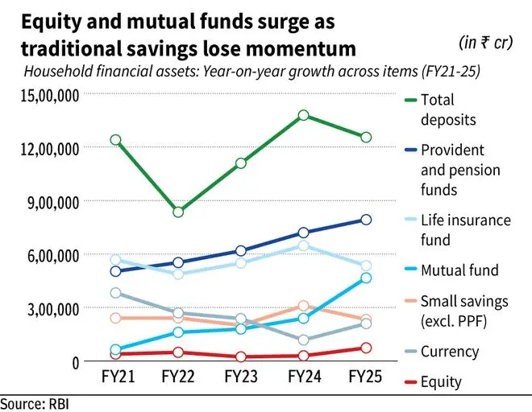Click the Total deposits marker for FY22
coord(177,212)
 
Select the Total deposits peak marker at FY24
coord(303,115)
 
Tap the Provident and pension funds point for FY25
coord(366,219)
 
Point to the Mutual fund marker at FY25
coord(366,278)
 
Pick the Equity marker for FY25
coord(366,348)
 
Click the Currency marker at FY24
coord(303,340)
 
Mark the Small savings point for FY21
coord(115,318)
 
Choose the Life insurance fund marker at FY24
coord(303,245)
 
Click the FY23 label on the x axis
coord(240,377)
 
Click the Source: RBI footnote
coord(35,402)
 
